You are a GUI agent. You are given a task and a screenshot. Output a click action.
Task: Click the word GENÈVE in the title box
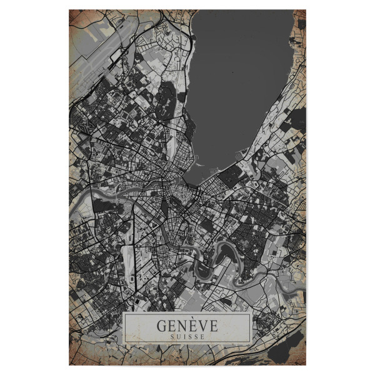pyautogui.click(x=187, y=326)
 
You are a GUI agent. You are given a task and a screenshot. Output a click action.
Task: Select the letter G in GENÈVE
pyautogui.click(x=162, y=326)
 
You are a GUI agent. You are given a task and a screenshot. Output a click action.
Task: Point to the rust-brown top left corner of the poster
pyautogui.click(x=74, y=15)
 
